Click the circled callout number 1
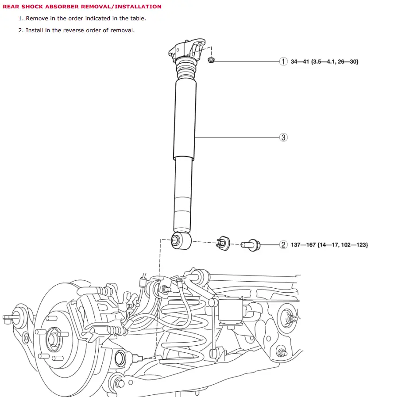tap(283, 61)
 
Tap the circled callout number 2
tap(283, 244)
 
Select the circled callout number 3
tap(283, 137)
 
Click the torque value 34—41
tap(300, 61)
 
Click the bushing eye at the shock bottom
tap(176, 241)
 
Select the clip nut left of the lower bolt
tap(223, 244)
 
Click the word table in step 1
tap(137, 19)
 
